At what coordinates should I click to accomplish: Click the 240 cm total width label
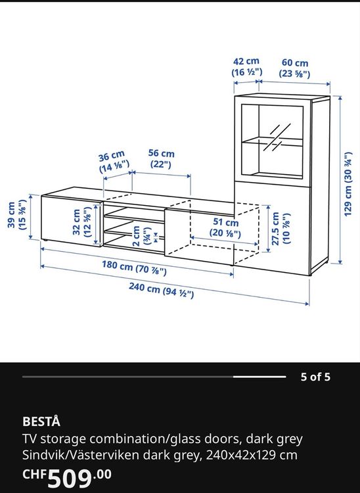161,290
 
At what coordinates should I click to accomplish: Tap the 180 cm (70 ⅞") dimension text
134,268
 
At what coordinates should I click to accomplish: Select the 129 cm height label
348,184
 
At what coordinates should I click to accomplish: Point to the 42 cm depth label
246,66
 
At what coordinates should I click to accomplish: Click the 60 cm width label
295,68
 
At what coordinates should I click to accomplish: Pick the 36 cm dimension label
113,162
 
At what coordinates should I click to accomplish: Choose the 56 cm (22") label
161,158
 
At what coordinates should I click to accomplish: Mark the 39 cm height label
16,215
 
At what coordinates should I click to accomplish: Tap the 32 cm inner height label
81,222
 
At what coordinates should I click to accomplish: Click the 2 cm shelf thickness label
141,236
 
